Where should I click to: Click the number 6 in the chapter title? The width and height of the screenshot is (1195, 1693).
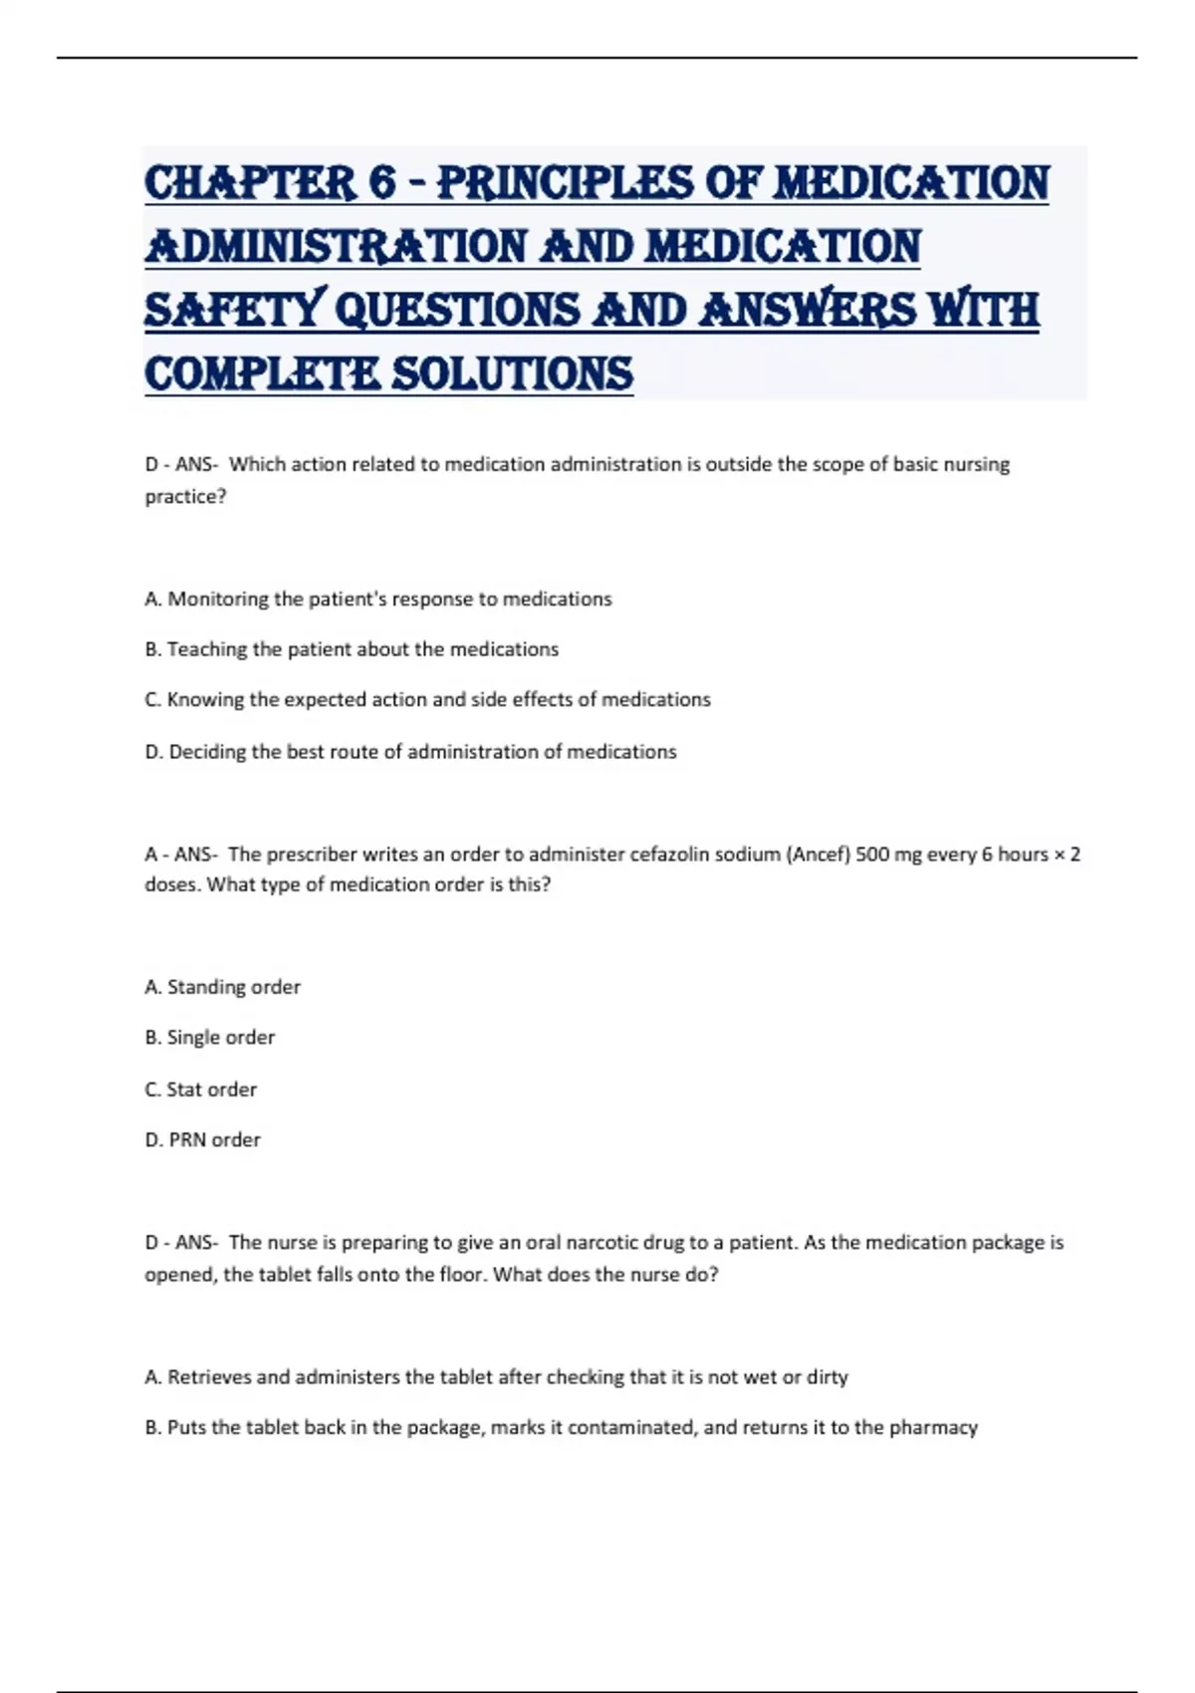[x=381, y=182]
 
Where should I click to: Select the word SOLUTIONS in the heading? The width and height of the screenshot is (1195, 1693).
[x=512, y=373]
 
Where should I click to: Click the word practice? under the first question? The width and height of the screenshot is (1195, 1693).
[x=186, y=496]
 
